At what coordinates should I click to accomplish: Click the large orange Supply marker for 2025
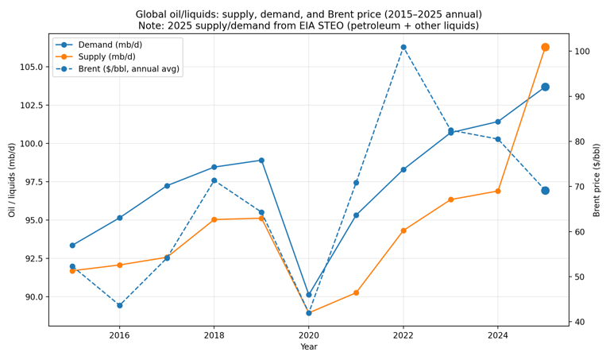point(545,48)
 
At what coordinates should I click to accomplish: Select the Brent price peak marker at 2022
point(403,47)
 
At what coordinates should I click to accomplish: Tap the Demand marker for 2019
point(261,161)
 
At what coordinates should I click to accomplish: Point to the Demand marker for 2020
point(309,295)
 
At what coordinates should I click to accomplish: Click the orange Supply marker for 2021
point(356,292)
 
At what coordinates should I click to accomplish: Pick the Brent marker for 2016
point(120,305)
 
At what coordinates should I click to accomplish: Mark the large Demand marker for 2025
point(545,87)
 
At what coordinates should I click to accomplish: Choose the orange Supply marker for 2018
point(214,219)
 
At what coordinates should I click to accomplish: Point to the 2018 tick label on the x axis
point(214,335)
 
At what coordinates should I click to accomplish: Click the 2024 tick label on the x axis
point(498,335)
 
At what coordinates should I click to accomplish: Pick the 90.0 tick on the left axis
point(30,297)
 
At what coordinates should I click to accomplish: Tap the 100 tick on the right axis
point(581,52)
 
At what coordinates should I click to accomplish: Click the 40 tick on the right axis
point(579,322)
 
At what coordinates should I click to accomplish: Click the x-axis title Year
point(309,347)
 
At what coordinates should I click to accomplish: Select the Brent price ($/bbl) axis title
point(597,180)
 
